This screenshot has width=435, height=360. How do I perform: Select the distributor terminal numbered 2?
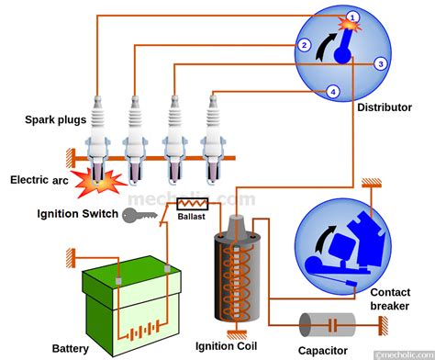(x=303, y=44)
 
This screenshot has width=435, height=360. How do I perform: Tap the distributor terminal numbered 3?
(x=379, y=63)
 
